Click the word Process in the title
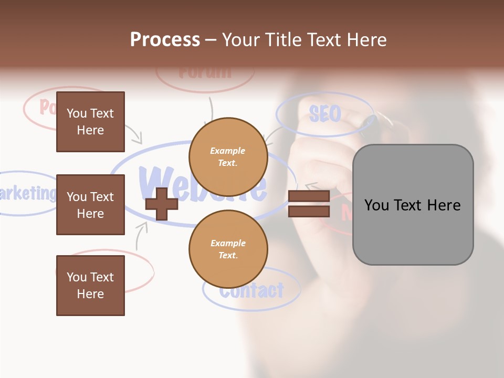165,40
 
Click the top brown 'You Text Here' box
90,122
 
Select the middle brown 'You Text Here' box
90,205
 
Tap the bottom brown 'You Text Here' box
90,285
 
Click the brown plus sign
161,204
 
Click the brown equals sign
309,204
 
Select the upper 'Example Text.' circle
228,156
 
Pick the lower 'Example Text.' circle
228,249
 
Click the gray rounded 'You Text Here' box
413,205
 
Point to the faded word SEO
325,113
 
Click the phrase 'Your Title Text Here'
304,40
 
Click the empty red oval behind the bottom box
139,270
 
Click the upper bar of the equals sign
309,196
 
